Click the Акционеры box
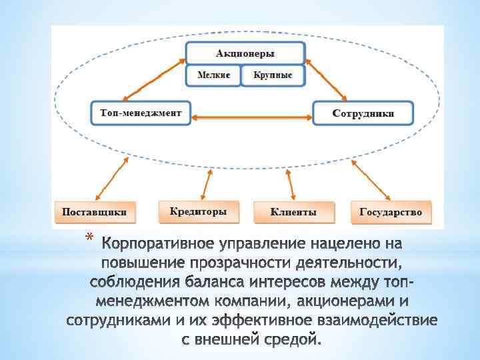[245, 53]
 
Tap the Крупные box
[273, 75]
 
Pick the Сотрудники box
[363, 113]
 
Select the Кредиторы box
[198, 211]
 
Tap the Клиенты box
[293, 212]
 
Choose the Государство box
[391, 212]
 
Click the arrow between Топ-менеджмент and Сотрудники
[252, 118]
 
